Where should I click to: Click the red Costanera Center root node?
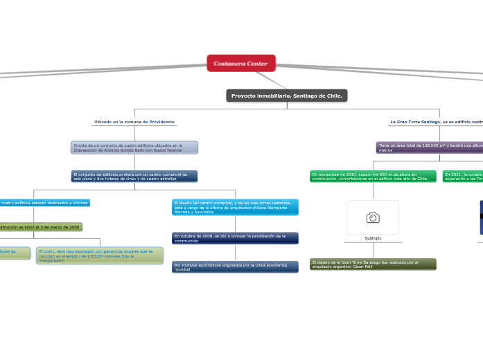coord(241,63)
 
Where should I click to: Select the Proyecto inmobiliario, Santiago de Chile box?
coord(286,96)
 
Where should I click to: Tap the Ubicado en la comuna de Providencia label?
coord(134,122)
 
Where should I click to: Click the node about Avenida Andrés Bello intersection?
coord(134,147)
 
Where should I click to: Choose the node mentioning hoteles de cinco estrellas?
coord(134,177)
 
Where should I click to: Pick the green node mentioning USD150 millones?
coord(100,255)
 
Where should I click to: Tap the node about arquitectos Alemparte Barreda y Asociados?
coord(235,207)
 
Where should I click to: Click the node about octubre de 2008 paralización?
coord(235,238)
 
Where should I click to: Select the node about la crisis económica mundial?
coord(235,267)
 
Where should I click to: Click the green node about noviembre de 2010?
coord(373,177)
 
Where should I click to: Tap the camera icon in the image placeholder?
coord(373,218)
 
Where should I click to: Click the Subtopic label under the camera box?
coord(373,238)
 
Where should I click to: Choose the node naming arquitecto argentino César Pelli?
coord(373,264)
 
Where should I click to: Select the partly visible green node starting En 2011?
coord(463,177)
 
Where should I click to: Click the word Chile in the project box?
coord(333,96)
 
